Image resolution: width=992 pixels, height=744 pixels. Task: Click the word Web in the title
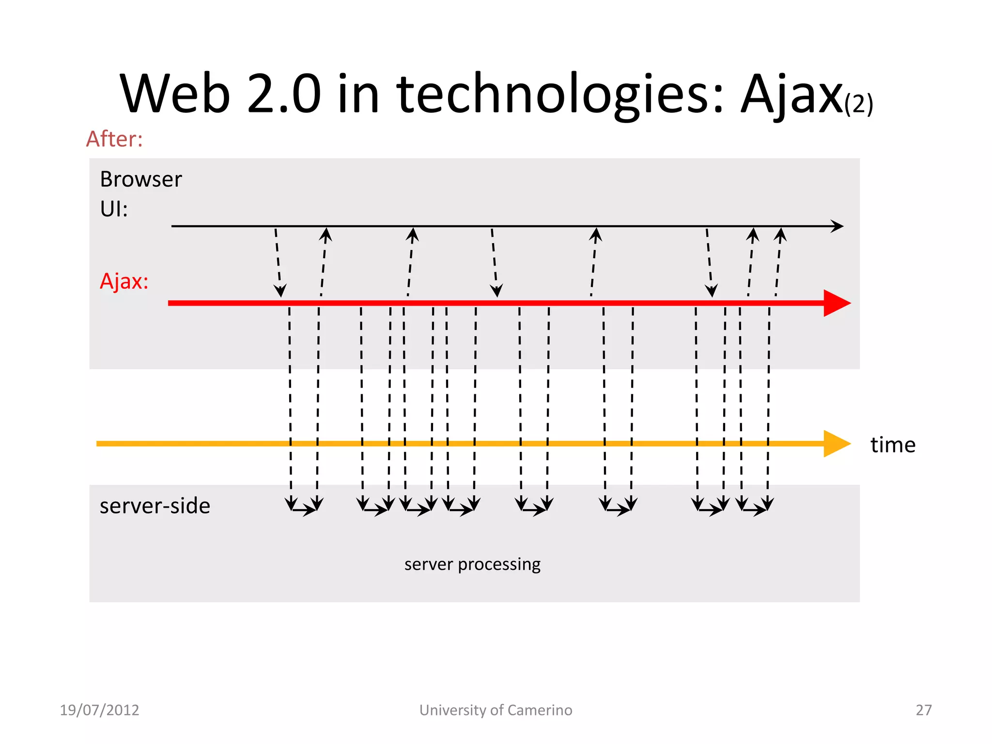174,94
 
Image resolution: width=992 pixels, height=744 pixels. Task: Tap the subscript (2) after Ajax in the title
858,104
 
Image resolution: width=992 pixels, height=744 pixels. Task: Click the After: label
114,139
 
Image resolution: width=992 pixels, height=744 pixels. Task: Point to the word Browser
141,179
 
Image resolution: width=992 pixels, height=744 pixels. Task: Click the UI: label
114,209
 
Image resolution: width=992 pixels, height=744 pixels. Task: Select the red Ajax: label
124,281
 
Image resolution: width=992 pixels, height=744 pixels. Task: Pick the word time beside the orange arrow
893,445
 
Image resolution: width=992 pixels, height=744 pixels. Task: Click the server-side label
155,506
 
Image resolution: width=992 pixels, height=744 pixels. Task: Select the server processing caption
472,564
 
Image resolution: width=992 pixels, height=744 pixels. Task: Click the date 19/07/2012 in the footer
99,710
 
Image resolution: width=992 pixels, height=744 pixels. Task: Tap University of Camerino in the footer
496,710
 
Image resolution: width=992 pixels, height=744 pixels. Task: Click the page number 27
923,710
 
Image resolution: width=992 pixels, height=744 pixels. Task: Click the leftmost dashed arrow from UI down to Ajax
278,262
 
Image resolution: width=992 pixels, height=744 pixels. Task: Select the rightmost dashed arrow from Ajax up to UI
778,262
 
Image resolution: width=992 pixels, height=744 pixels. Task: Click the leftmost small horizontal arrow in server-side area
304,510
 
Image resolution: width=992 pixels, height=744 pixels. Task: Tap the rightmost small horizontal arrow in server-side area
754,510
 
